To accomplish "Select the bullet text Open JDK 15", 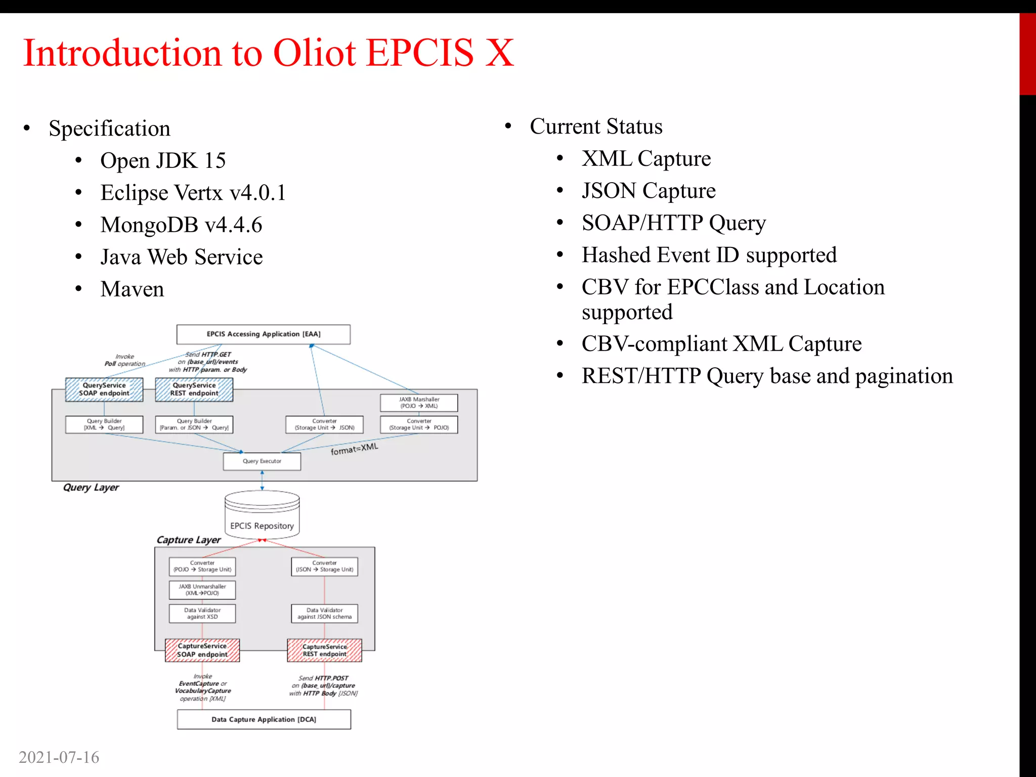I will coord(163,161).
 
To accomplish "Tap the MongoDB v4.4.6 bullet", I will coord(181,225).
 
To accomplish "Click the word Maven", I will coord(132,289).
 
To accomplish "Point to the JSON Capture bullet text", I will coord(648,191).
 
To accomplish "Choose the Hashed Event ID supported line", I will coord(709,255).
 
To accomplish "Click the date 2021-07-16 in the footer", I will coord(59,757).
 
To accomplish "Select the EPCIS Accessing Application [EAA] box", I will coord(263,334).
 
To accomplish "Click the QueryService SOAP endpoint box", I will coord(104,390).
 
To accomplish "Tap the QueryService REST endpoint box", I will coord(194,390).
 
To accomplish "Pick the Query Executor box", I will coord(262,461).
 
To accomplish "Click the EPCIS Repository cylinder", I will coord(262,515).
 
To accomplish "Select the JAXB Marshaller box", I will coord(419,403).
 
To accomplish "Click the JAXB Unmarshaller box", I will coord(202,590).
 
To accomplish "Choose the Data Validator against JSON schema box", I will coord(324,614).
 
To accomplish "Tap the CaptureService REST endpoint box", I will coord(324,651).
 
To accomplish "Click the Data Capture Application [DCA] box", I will coord(264,719).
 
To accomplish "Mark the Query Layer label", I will coord(91,488).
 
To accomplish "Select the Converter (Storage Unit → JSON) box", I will coord(324,424).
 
